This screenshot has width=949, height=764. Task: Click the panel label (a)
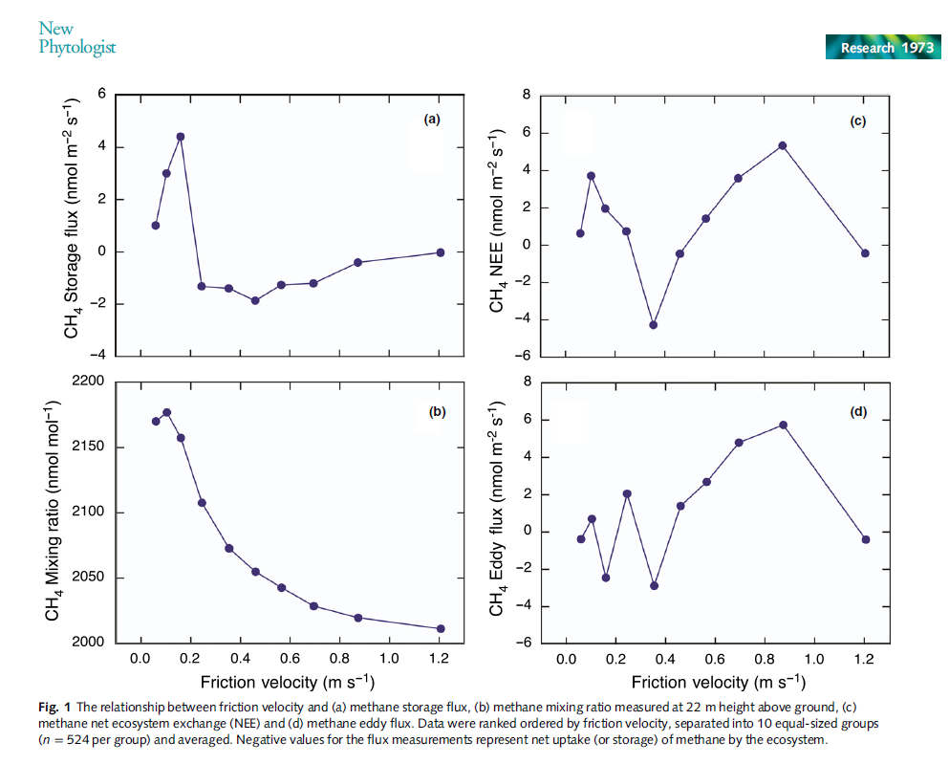[432, 120]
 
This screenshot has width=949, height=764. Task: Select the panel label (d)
[857, 412]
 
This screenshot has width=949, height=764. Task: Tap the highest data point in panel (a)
[180, 137]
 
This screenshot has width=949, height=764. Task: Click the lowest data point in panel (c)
[654, 325]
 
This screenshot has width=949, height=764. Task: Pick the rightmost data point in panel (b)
[441, 628]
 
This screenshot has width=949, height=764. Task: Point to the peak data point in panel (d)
[783, 425]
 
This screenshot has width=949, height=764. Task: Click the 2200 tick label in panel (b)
[87, 381]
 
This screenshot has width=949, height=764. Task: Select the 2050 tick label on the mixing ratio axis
[87, 578]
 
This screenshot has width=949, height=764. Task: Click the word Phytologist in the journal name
[76, 47]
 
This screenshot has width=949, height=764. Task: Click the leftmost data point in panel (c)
[580, 233]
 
